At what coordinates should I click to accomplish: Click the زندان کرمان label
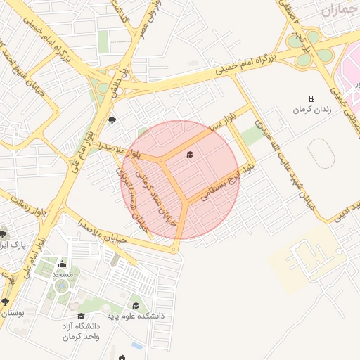[311, 110]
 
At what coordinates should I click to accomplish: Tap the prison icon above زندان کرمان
[311, 98]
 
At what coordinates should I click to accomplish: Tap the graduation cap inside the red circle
[189, 154]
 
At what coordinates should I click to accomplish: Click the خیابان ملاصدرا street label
[103, 233]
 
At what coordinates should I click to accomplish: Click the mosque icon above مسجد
[62, 264]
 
